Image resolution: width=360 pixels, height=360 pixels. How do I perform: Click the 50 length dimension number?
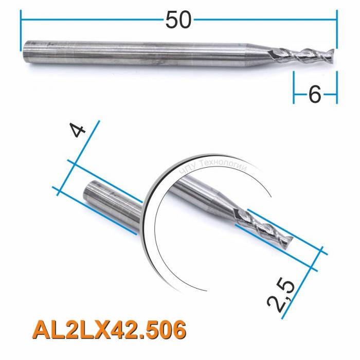tap(178, 20)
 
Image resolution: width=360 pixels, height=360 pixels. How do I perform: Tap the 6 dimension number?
tap(314, 95)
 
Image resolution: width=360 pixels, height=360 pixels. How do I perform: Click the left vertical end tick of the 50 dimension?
tap(22, 31)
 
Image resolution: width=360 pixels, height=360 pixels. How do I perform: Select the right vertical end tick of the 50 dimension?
tap(337, 31)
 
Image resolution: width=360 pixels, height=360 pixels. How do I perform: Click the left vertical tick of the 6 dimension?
tap(294, 87)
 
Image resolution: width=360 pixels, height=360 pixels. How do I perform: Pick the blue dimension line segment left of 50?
tap(93, 20)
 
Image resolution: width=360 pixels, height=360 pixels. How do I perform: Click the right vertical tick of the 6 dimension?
tap(337, 87)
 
